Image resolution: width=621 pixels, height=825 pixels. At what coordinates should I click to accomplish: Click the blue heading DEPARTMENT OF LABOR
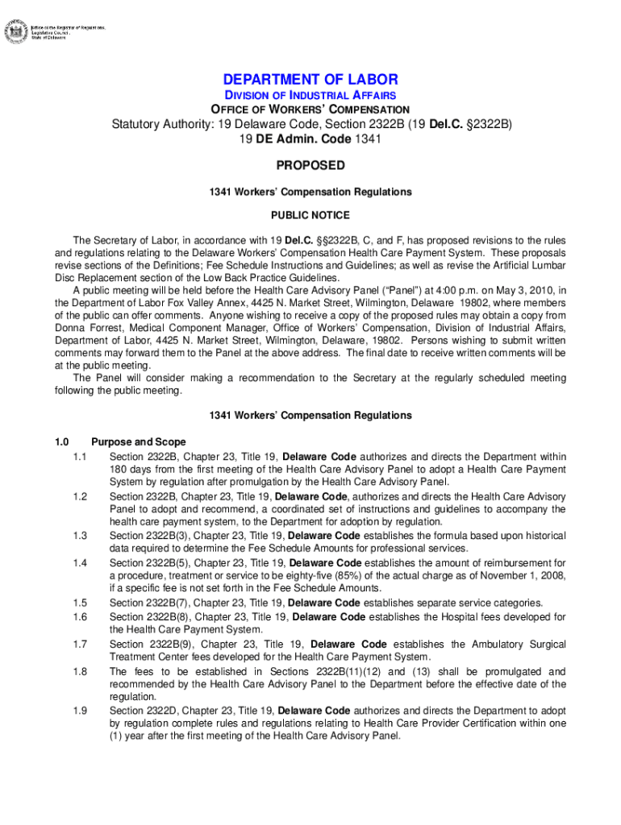[310, 79]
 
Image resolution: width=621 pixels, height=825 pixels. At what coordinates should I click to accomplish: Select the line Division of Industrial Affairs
[310, 95]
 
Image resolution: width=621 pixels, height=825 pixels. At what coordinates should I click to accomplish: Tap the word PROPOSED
[310, 166]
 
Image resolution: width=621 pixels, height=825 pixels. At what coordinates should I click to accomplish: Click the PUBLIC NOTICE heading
[310, 216]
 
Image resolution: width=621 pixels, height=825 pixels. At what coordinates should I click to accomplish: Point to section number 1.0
[61, 442]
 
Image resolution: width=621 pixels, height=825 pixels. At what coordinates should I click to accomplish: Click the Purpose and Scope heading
[139, 442]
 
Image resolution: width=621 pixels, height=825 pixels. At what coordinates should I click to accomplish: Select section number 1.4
[79, 563]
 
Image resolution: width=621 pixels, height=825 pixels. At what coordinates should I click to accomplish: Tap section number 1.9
[79, 711]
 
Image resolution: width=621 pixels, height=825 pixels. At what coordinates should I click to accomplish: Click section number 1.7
[79, 645]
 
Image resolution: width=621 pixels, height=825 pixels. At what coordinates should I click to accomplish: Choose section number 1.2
[79, 496]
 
